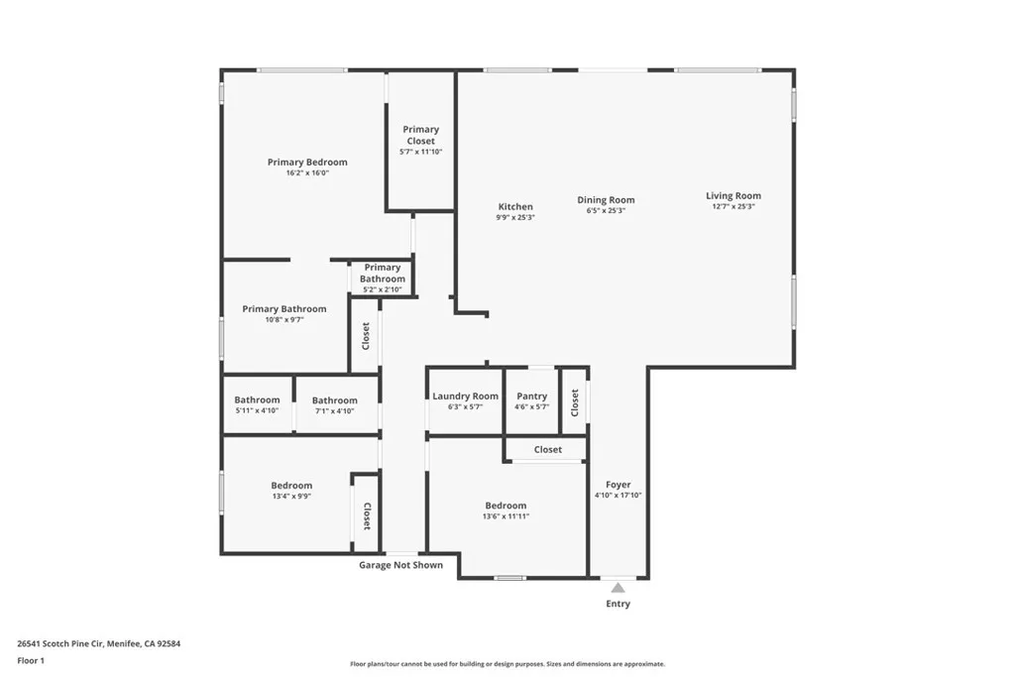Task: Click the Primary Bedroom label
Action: click(x=307, y=162)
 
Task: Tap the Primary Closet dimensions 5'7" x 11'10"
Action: click(x=420, y=152)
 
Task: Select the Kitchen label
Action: click(x=515, y=207)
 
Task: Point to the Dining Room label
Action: click(x=606, y=200)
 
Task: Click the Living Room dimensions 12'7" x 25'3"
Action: click(x=733, y=207)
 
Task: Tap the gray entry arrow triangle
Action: click(x=618, y=588)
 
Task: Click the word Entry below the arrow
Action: click(x=618, y=604)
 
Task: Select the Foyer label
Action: click(x=618, y=485)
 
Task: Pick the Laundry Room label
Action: click(x=465, y=396)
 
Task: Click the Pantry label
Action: click(x=531, y=396)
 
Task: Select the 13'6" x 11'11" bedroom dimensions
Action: click(x=506, y=516)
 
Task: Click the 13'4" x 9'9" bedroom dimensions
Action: click(x=291, y=497)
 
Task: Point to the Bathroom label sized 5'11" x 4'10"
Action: click(x=257, y=400)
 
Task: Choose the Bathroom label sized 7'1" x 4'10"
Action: click(x=334, y=400)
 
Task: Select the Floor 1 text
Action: click(x=31, y=660)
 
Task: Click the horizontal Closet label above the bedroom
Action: click(x=547, y=449)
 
